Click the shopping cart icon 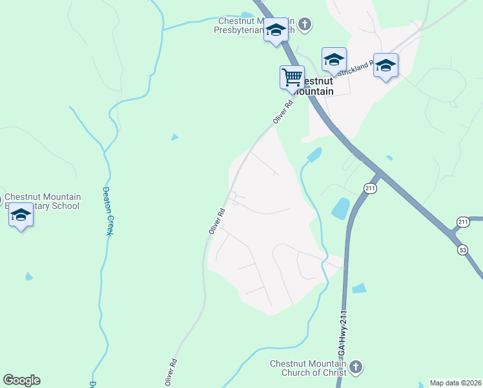(x=292, y=77)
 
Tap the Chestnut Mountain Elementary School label (x=42, y=202)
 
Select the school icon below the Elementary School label (x=21, y=215)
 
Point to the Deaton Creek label (x=107, y=211)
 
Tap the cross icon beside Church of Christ (x=356, y=369)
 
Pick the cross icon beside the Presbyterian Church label (x=305, y=25)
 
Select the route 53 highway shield (x=462, y=249)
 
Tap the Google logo (x=21, y=380)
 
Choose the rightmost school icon (x=385, y=65)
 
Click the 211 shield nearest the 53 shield (x=462, y=222)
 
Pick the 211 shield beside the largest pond (x=370, y=188)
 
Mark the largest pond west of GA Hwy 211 (x=340, y=208)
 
